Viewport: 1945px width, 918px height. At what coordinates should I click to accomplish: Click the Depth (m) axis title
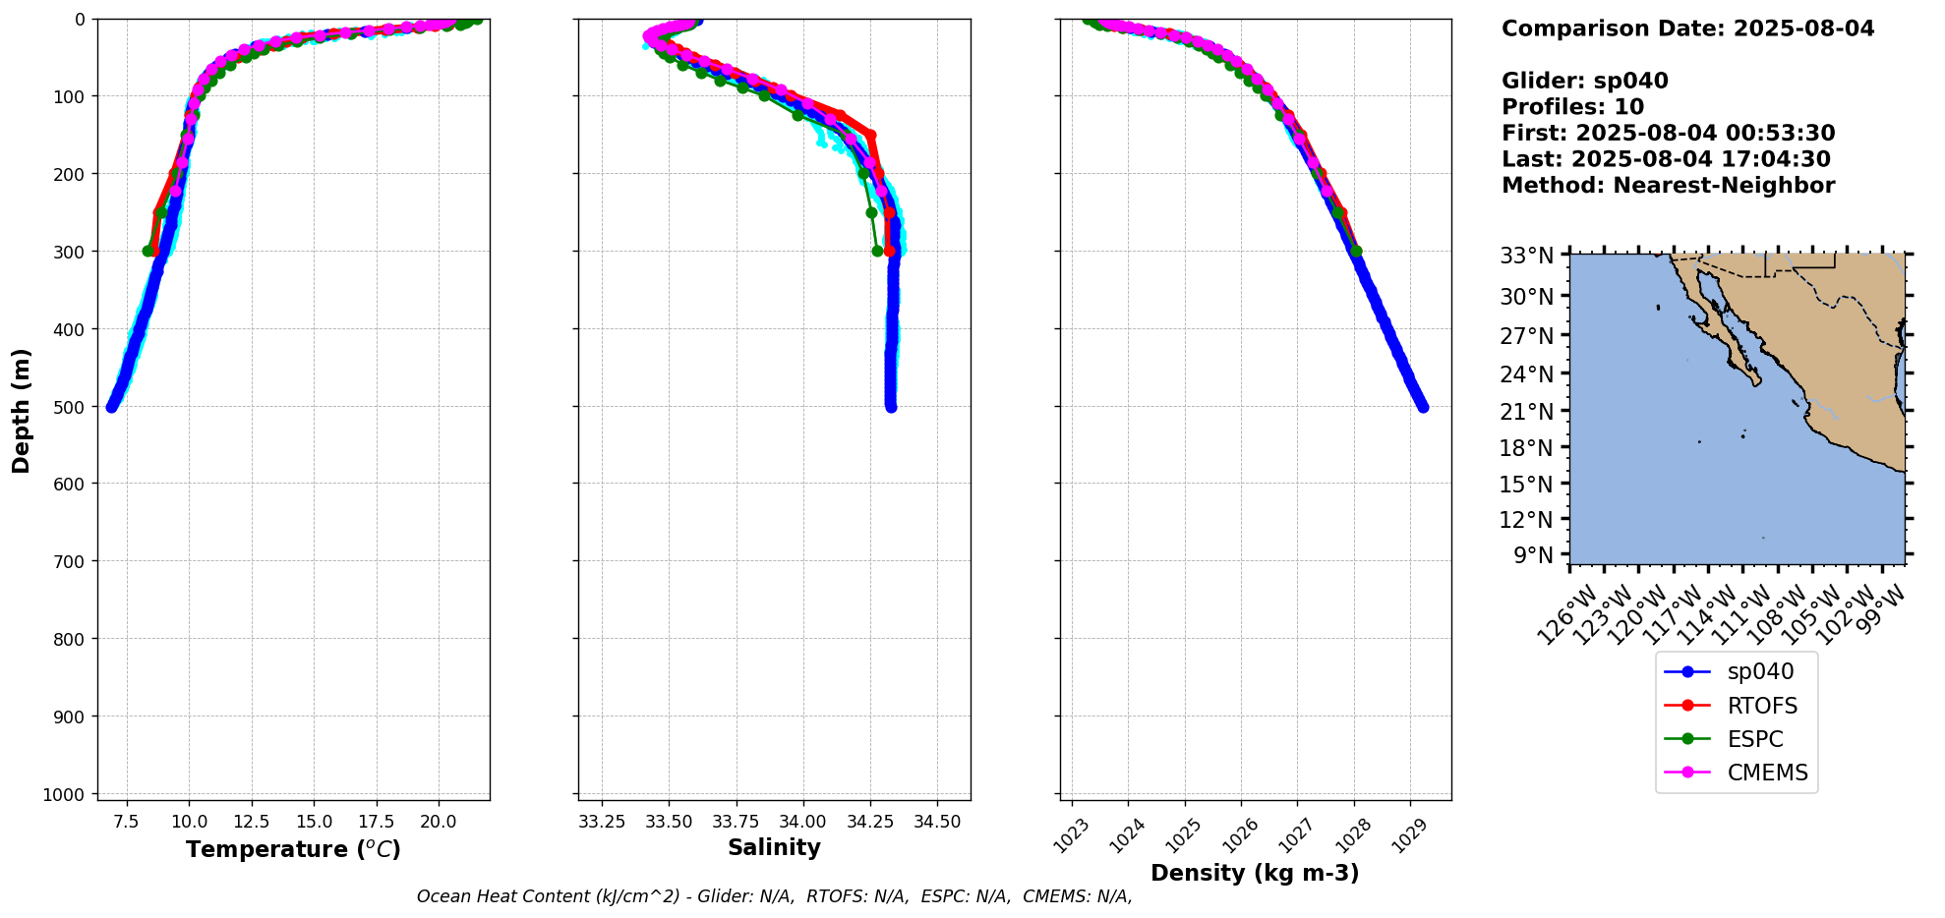pyautogui.click(x=22, y=410)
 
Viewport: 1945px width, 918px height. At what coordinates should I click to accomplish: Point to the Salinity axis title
pyautogui.click(x=774, y=848)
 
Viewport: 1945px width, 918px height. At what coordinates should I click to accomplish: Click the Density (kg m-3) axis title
pyautogui.click(x=1255, y=873)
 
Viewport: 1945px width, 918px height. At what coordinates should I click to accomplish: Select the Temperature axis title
pyautogui.click(x=293, y=849)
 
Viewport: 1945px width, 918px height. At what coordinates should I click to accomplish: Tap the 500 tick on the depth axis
pyautogui.click(x=72, y=406)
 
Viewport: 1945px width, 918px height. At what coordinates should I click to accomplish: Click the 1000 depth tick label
pyautogui.click(x=66, y=794)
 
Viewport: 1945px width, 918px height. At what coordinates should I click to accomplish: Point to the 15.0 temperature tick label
pyautogui.click(x=314, y=822)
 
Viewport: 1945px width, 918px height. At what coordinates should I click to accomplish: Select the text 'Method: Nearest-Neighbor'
pyautogui.click(x=1668, y=186)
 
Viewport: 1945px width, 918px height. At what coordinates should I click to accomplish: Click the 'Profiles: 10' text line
pyautogui.click(x=1572, y=107)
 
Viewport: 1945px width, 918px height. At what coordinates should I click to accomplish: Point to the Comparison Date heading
pyautogui.click(x=1687, y=29)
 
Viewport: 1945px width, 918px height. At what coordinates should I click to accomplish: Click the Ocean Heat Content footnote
pyautogui.click(x=774, y=896)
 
